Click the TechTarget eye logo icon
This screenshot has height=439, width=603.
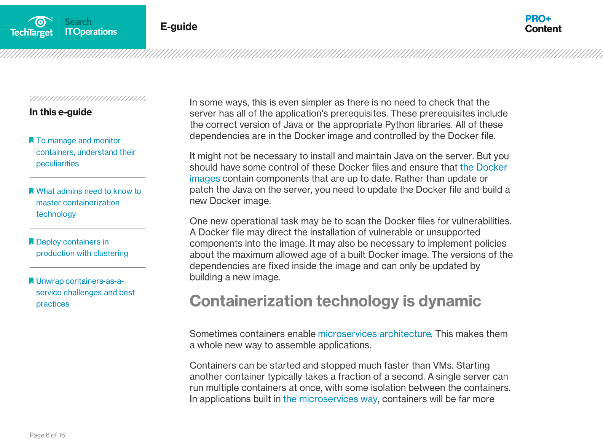[x=40, y=21]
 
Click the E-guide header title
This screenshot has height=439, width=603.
[x=179, y=27]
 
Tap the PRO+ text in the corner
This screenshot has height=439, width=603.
[x=538, y=19]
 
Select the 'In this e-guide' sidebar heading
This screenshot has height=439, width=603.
[x=61, y=112]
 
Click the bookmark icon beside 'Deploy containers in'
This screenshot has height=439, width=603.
[x=32, y=241]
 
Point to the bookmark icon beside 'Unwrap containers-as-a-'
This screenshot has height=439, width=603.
[x=32, y=281]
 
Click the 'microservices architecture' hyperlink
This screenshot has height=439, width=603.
[x=374, y=334]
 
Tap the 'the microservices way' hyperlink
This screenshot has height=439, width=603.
[x=330, y=399]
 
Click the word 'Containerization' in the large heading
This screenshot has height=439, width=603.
[x=251, y=301]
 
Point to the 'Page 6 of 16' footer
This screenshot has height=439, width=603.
[x=47, y=435]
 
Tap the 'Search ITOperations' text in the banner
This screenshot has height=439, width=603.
[x=91, y=27]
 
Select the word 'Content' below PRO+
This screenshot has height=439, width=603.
[x=543, y=29]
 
